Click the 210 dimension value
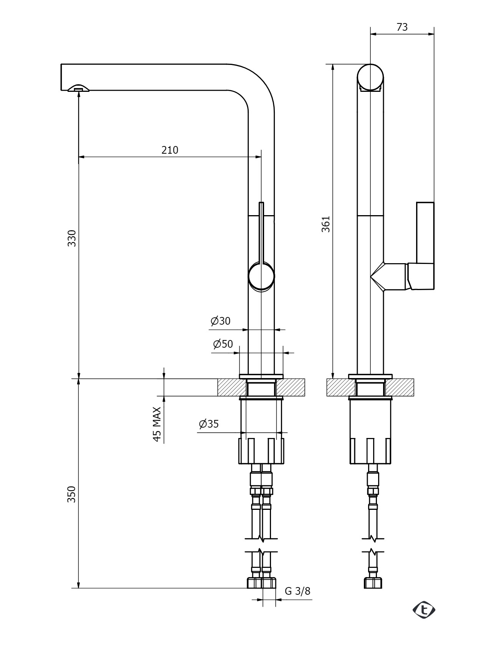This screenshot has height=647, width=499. pos(170,150)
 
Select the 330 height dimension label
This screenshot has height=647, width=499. pos(72,238)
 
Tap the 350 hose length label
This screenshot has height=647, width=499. pos(72,494)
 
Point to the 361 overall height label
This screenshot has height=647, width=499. pos(326,224)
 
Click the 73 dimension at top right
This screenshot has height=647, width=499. pos(402,27)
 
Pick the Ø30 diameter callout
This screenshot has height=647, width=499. pos(220,321)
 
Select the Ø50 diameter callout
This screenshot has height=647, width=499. pos(223,344)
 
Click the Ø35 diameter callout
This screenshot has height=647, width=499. pos(209,424)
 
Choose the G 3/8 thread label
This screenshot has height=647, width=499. pos(297,591)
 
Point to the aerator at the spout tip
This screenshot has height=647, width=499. pos(79,88)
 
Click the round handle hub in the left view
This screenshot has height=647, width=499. pos(261,276)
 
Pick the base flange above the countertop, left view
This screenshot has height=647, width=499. pos(261,376)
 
